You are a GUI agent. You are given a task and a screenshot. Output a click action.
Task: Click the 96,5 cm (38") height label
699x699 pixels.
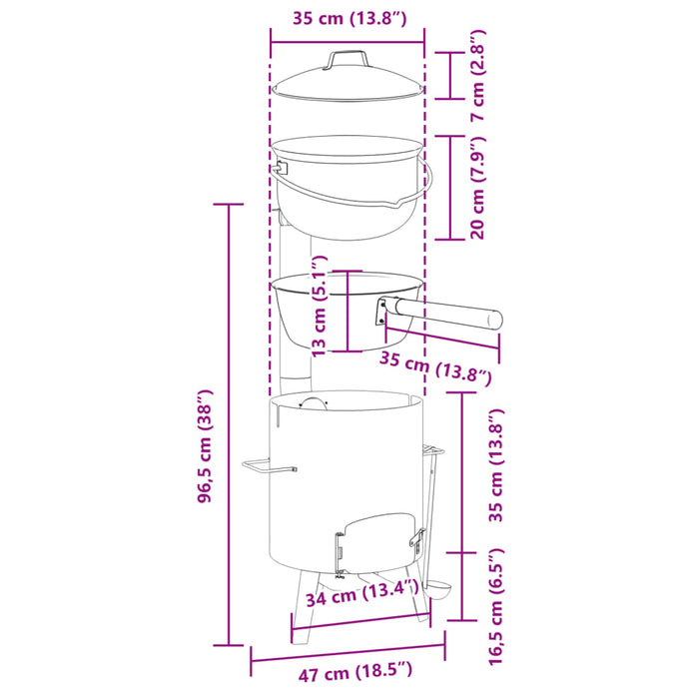206,446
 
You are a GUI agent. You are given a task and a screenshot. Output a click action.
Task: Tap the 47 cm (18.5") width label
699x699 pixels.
355,671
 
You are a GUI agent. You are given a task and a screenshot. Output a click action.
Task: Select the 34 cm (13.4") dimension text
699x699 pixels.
361,594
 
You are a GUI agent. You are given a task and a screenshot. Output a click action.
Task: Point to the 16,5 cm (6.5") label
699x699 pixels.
496,606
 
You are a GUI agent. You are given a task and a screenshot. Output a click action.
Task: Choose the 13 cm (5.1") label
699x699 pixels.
320,307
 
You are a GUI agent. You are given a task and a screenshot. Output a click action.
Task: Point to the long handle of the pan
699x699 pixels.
448,314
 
